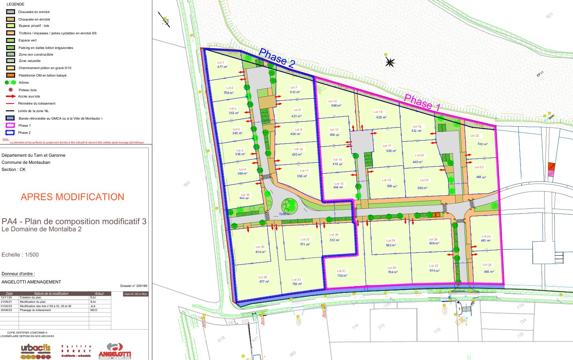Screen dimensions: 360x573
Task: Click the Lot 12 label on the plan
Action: click(x=333, y=101)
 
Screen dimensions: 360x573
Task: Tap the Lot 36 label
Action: click(x=262, y=277)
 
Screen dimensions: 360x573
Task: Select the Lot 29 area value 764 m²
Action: click(x=392, y=272)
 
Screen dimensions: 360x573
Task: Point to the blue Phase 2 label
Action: click(x=277, y=58)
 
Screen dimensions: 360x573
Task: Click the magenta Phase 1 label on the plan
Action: click(x=422, y=102)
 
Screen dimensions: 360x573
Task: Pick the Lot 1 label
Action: click(x=221, y=62)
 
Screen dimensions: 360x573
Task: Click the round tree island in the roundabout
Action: click(x=289, y=206)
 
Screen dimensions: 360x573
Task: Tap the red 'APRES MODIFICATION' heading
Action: click(x=72, y=197)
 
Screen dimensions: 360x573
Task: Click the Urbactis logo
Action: click(x=36, y=351)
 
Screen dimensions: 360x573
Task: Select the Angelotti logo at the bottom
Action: click(x=114, y=351)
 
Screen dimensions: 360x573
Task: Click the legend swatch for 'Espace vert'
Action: click(x=11, y=40)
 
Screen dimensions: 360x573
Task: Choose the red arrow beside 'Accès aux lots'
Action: click(x=11, y=96)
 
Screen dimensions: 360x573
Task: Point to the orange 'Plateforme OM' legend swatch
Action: click(x=11, y=75)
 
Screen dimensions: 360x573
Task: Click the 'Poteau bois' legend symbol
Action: click(x=11, y=90)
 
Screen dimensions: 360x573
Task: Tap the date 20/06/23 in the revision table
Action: click(x=6, y=310)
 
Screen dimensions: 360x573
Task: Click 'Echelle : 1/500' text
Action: click(x=20, y=255)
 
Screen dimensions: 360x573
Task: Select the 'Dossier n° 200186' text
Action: click(x=133, y=286)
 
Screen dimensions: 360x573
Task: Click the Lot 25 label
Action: click(x=487, y=265)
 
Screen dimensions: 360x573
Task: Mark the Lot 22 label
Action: click(x=474, y=135)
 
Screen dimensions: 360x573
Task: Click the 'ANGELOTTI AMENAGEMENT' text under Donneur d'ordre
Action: click(x=31, y=282)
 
